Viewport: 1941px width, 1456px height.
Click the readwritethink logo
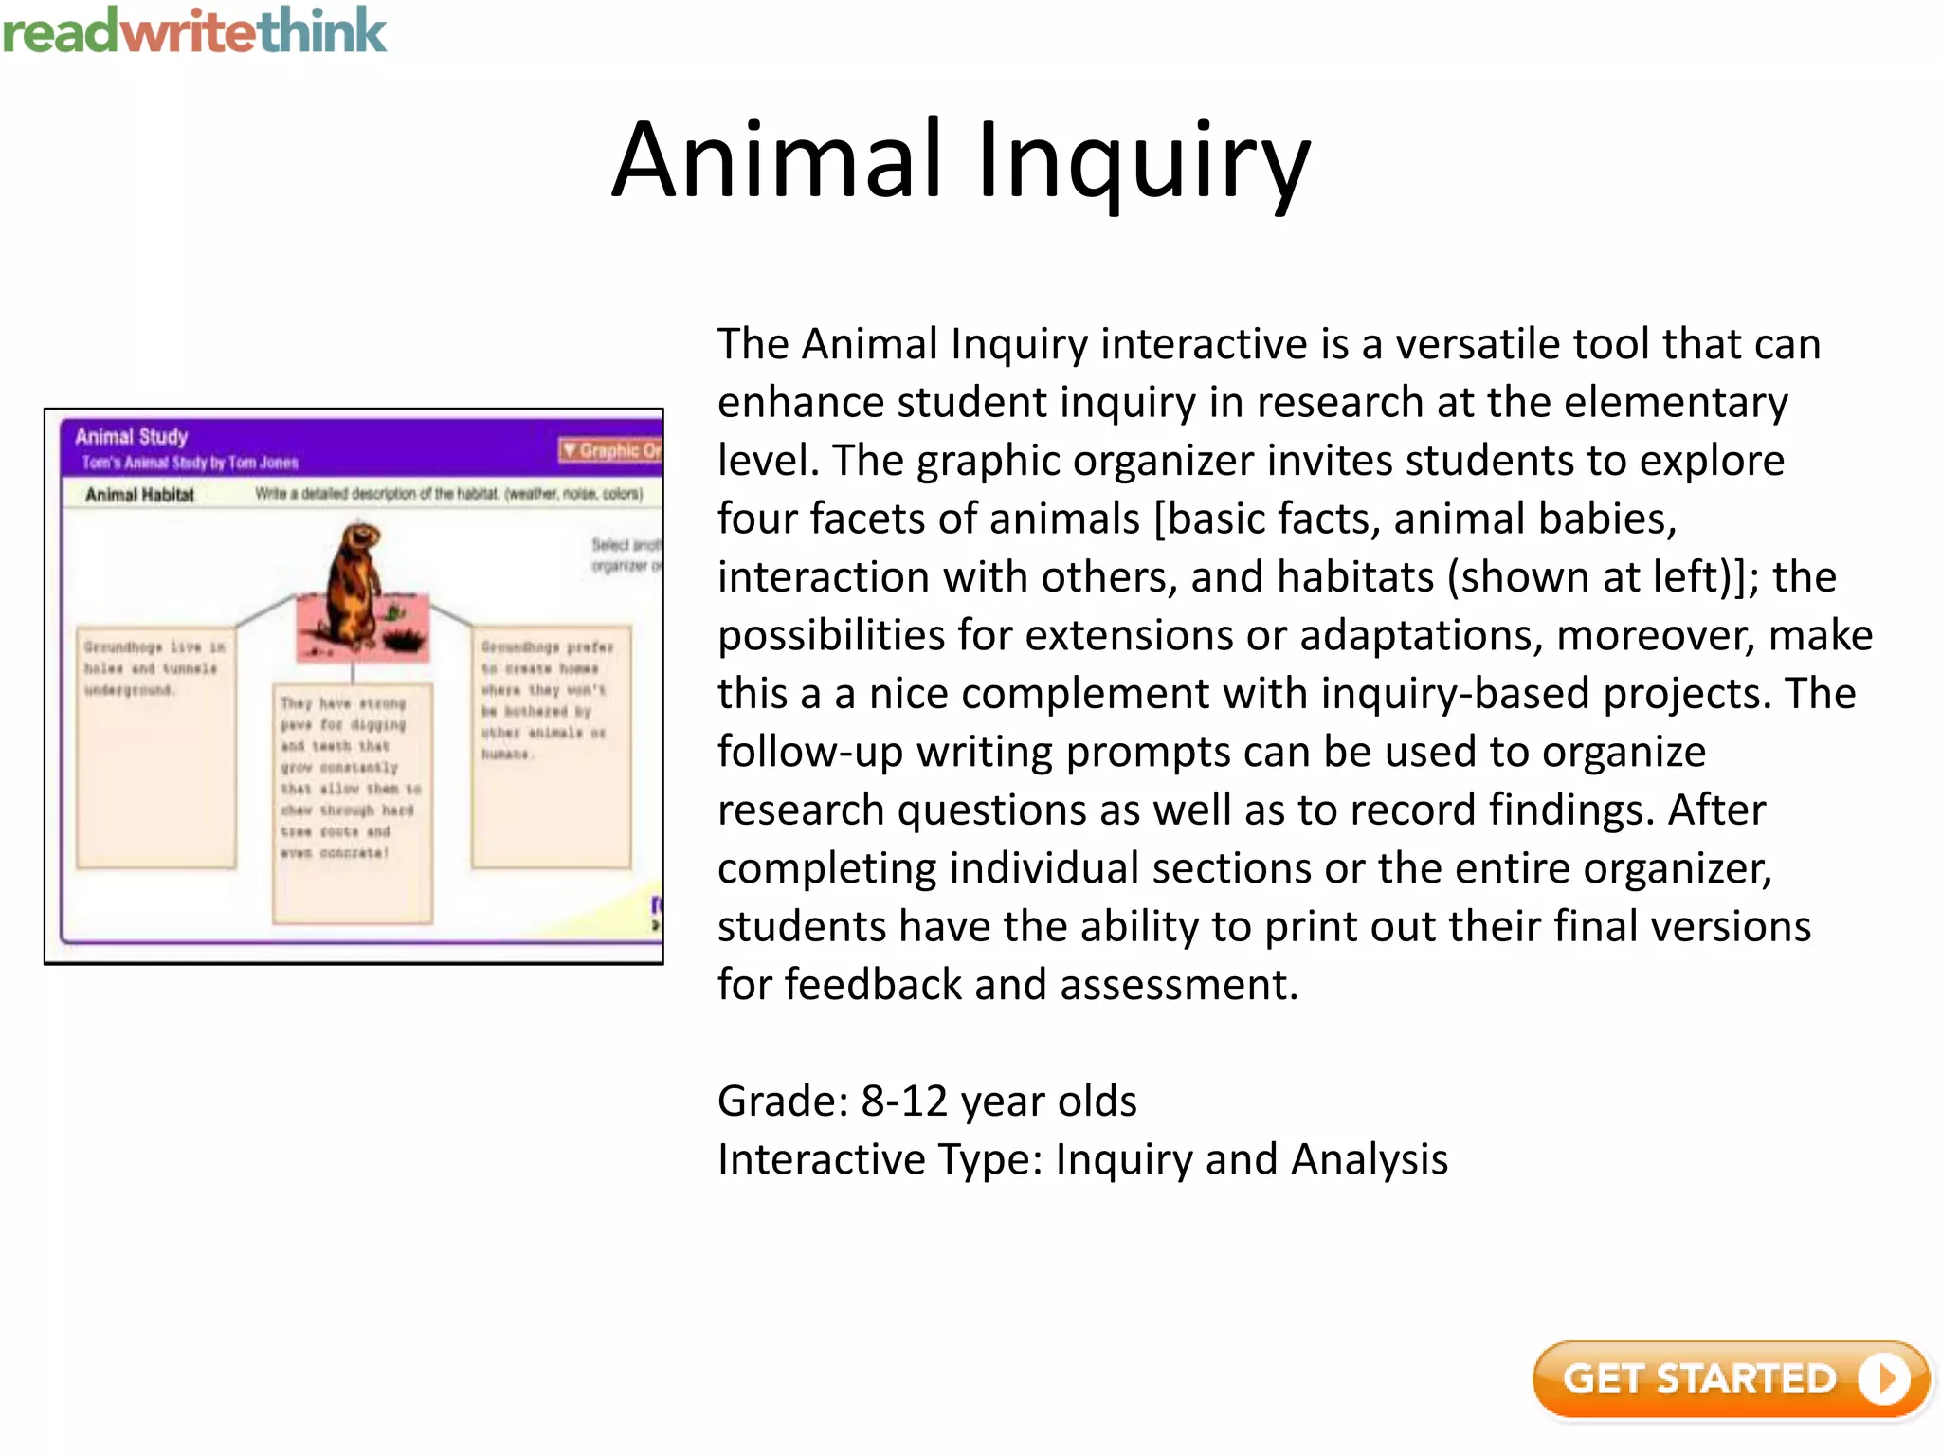pyautogui.click(x=194, y=30)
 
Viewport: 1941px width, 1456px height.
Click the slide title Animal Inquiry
pyautogui.click(x=961, y=161)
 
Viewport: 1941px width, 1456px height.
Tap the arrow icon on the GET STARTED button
pyautogui.click(x=1883, y=1379)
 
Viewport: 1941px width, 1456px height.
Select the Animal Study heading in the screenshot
pyautogui.click(x=132, y=437)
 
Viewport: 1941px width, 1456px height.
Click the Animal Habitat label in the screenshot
pyautogui.click(x=139, y=495)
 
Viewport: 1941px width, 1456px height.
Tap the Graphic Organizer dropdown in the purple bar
pyautogui.click(x=611, y=450)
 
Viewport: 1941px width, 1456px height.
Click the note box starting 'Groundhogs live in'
pyautogui.click(x=155, y=747)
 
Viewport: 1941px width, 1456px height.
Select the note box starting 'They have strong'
pyautogui.click(x=352, y=802)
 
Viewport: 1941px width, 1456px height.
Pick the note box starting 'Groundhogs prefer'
pyautogui.click(x=551, y=747)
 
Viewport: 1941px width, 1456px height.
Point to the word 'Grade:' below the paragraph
pyautogui.click(x=783, y=1101)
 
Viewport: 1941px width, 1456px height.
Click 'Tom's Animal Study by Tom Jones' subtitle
pyautogui.click(x=190, y=464)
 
